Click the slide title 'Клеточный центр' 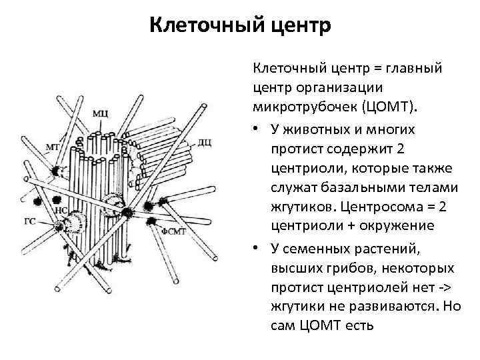pyautogui.click(x=239, y=26)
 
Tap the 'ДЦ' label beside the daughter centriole pyautogui.click(x=205, y=142)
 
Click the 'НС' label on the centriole pyautogui.click(x=59, y=209)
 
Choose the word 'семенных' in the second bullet pyautogui.click(x=316, y=249)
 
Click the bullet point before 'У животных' pyautogui.click(x=257, y=129)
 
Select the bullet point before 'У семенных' pyautogui.click(x=257, y=249)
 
